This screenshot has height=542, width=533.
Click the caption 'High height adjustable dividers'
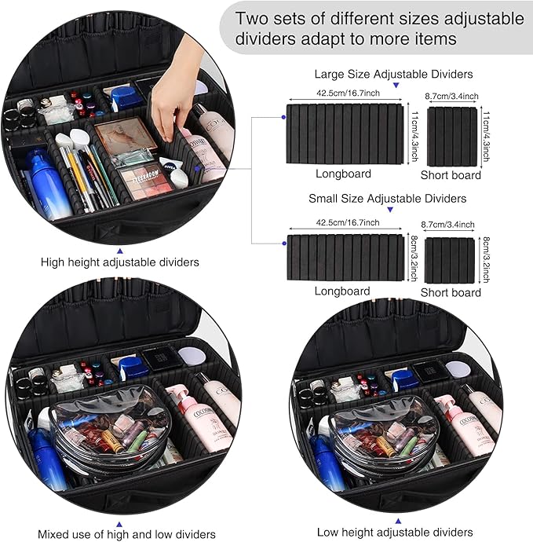119,262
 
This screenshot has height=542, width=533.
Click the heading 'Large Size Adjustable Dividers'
393,75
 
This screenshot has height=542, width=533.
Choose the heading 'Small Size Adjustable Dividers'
387,198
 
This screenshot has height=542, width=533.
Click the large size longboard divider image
345,135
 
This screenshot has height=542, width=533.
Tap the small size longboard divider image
345,258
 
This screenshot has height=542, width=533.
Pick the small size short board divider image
450,259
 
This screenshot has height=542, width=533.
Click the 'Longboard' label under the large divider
343,174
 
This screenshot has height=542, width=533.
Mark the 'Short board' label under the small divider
451,292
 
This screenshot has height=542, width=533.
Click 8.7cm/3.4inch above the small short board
451,224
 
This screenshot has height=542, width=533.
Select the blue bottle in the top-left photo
46,185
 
